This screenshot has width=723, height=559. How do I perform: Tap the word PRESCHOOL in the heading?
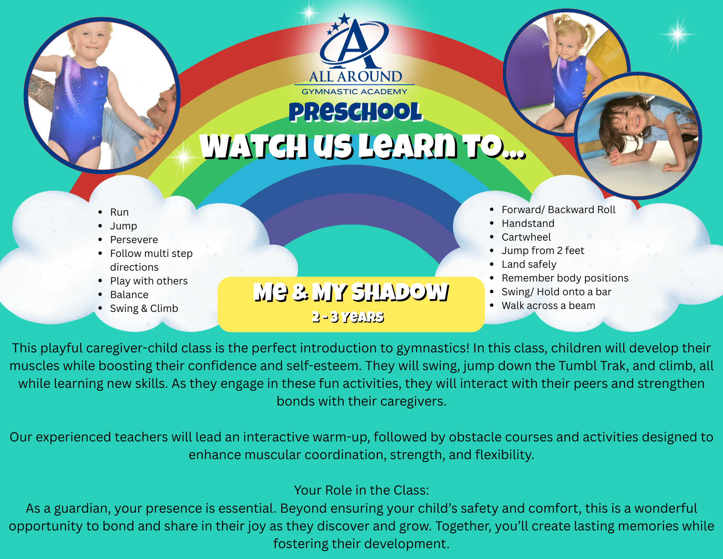pos(356,112)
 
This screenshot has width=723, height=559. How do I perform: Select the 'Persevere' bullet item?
pos(134,240)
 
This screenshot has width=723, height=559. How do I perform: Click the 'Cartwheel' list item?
pos(526,237)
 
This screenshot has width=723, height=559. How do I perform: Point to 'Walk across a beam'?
pos(548,305)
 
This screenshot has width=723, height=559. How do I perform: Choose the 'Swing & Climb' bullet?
pos(144,308)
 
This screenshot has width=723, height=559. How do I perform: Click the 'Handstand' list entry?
pos(528,223)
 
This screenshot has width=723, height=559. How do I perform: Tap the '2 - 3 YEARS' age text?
pos(348,317)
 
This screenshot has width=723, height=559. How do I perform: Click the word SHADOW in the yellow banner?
pos(400,292)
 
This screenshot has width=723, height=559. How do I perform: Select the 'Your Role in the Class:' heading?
pos(361,490)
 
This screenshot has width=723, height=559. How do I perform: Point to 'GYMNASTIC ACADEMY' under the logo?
pos(355,92)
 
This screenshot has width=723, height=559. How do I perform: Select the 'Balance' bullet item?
pos(129,295)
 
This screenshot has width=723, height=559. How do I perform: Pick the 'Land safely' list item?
pos(529,264)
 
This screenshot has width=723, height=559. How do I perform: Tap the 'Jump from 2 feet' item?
pos(543,250)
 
